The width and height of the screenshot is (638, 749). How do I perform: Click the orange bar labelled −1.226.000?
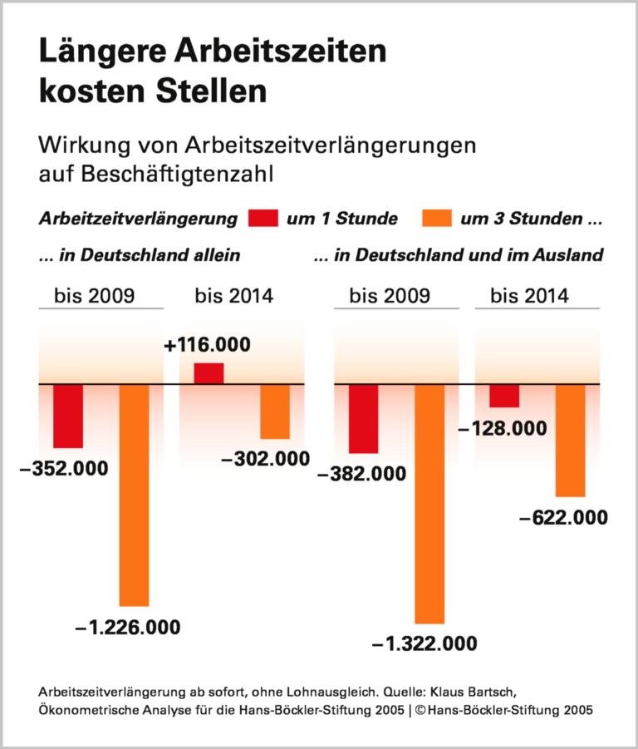coord(135,495)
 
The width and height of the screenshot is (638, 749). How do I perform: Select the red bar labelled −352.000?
coord(68,416)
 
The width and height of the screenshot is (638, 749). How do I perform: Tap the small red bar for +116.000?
coord(209,374)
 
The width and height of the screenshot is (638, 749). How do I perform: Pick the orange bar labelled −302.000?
coord(275,411)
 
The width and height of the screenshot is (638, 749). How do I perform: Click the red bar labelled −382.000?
coord(363,419)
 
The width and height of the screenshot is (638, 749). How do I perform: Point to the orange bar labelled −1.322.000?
coord(429,504)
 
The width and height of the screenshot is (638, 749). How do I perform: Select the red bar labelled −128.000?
coord(504,396)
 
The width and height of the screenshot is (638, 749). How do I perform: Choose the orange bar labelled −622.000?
coord(571,441)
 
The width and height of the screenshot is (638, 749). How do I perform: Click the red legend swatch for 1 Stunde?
coord(263,219)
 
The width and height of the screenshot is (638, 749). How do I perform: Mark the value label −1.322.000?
coord(425,643)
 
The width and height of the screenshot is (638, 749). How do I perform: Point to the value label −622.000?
coord(563,517)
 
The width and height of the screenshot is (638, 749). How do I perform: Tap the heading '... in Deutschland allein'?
coord(139,256)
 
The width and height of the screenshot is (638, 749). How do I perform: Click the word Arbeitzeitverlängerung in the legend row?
coord(138,219)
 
